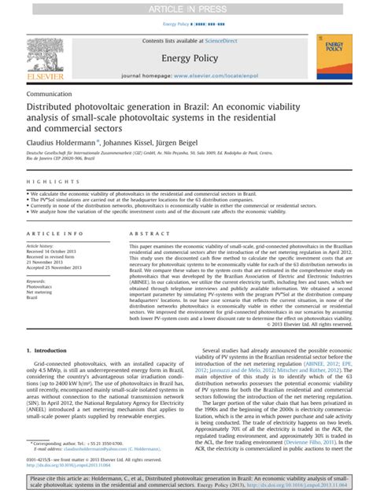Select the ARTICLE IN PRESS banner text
click(186, 7)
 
